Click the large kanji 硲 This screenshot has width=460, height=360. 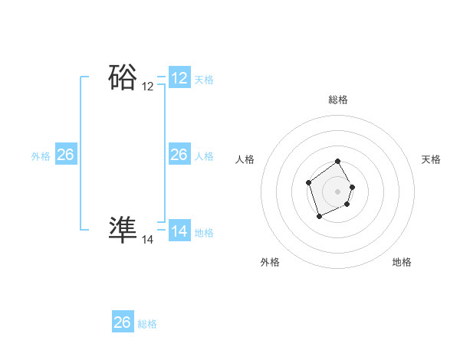(x=123, y=78)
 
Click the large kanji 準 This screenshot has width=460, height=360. (x=123, y=229)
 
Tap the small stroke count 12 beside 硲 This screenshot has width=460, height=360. (x=147, y=87)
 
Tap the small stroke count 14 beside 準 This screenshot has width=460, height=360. (x=147, y=240)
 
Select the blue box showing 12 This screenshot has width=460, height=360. (x=179, y=78)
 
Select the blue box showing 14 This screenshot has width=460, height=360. (x=179, y=231)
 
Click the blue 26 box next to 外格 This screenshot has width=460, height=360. (x=65, y=155)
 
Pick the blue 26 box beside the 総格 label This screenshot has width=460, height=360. (x=123, y=322)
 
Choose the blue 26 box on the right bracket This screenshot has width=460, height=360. (x=179, y=155)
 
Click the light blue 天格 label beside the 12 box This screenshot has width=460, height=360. (x=204, y=80)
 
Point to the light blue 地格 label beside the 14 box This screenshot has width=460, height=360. (x=204, y=233)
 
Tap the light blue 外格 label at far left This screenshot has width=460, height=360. (x=41, y=156)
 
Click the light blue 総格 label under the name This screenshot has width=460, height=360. (x=147, y=324)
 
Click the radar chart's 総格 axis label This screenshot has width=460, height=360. (x=338, y=100)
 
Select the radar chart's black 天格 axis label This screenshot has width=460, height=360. (x=431, y=159)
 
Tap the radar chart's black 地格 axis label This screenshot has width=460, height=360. (x=402, y=262)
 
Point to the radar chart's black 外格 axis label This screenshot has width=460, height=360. (x=270, y=262)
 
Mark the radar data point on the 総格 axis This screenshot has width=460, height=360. (x=338, y=162)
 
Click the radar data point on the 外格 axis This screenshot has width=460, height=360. (x=319, y=218)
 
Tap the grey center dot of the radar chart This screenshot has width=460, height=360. (x=338, y=191)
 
